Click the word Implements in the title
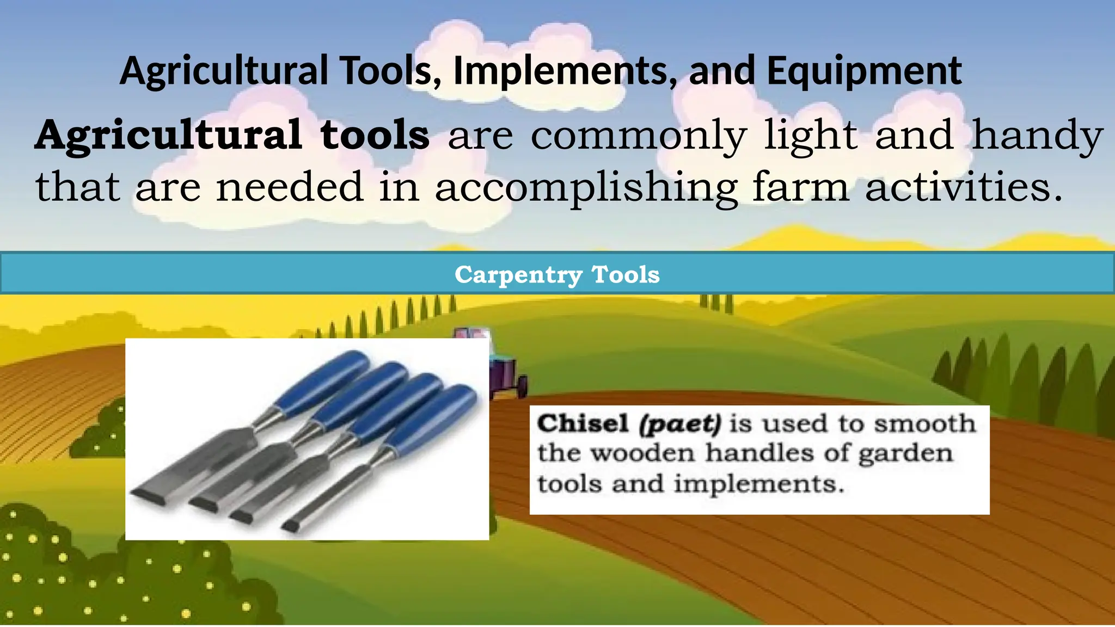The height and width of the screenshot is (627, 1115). [x=561, y=71]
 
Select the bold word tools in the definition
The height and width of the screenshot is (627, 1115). [x=375, y=135]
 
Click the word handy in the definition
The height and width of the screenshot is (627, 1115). [x=1038, y=136]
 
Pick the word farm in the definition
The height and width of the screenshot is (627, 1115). [x=800, y=187]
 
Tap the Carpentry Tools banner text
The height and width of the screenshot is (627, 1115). [x=557, y=274]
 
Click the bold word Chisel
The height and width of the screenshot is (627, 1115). [x=583, y=423]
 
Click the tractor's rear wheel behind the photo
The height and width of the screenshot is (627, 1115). [x=521, y=386]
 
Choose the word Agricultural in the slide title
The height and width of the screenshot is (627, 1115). [x=224, y=71]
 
